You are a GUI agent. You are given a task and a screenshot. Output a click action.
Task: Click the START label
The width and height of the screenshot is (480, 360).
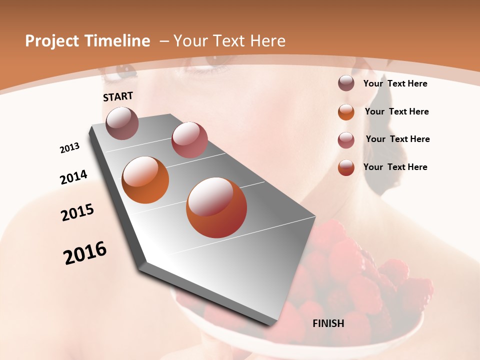click(x=118, y=96)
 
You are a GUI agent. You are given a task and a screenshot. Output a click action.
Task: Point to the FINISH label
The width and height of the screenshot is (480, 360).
click(x=328, y=323)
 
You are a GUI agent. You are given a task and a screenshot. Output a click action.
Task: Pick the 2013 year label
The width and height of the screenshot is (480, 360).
click(x=69, y=148)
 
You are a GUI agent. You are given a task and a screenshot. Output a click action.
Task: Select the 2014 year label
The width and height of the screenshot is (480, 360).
click(x=73, y=177)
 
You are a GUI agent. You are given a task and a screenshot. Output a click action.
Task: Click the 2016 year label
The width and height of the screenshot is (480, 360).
click(x=85, y=253)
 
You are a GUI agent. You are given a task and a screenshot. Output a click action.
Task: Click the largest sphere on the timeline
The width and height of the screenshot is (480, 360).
click(x=216, y=207)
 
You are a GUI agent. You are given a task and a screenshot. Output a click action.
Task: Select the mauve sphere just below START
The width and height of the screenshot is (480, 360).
click(x=122, y=123)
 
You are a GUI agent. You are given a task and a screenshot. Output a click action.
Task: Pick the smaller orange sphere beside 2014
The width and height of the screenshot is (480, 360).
click(x=145, y=180)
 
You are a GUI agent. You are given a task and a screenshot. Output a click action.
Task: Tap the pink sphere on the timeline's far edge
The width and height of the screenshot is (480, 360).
click(x=189, y=140)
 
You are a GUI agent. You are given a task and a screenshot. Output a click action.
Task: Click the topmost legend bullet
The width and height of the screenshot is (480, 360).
click(x=346, y=83)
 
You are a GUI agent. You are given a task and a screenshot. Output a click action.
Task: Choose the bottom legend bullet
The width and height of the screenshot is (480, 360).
click(x=346, y=167)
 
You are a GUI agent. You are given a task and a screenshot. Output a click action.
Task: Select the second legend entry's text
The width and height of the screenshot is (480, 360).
click(x=396, y=111)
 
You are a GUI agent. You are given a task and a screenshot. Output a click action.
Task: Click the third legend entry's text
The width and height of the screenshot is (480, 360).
click(x=397, y=139)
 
